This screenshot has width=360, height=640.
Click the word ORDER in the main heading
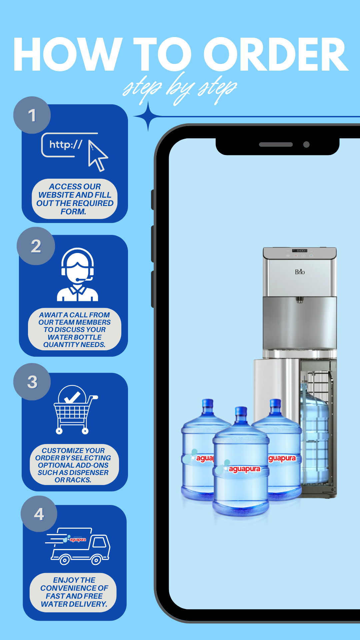[x=276, y=54]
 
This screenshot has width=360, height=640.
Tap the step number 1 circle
[x=32, y=115]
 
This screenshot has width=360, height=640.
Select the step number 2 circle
[x=36, y=246]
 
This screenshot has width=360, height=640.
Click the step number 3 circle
[x=32, y=382]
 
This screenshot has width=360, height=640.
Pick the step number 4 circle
[x=39, y=514]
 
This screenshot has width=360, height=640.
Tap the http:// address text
[x=66, y=144]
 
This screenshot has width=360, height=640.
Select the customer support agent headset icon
[x=77, y=274]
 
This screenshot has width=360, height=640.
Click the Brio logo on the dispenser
[x=300, y=272]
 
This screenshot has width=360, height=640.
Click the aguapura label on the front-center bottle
[x=244, y=469]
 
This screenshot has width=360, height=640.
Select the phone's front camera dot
[x=306, y=144]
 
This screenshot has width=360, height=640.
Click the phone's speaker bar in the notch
[x=276, y=145]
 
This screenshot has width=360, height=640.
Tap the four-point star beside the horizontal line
[x=148, y=116]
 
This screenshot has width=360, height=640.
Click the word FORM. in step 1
[x=73, y=212]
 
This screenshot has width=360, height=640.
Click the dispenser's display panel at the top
[x=300, y=250]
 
